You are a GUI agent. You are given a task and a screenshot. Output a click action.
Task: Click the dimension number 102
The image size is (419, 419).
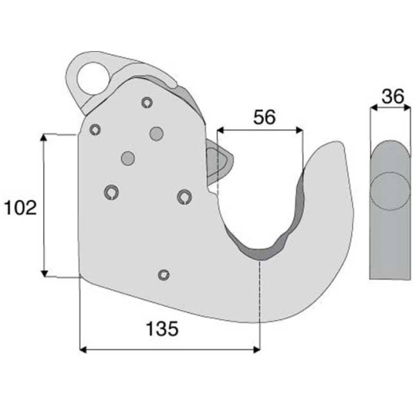coord(21,208)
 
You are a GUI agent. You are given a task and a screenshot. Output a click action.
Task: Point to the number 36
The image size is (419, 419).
coord(390,96)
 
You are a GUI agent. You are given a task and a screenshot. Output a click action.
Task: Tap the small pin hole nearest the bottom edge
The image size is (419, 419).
coord(163,275)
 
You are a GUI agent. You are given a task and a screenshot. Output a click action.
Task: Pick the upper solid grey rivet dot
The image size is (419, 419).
coord(156,132)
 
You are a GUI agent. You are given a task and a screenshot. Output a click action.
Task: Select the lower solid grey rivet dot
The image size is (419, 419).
coord(126,159)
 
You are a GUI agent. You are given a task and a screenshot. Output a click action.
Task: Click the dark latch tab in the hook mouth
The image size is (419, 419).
coord(216,159)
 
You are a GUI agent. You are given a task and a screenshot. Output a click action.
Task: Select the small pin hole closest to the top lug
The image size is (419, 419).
coord(146,102)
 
